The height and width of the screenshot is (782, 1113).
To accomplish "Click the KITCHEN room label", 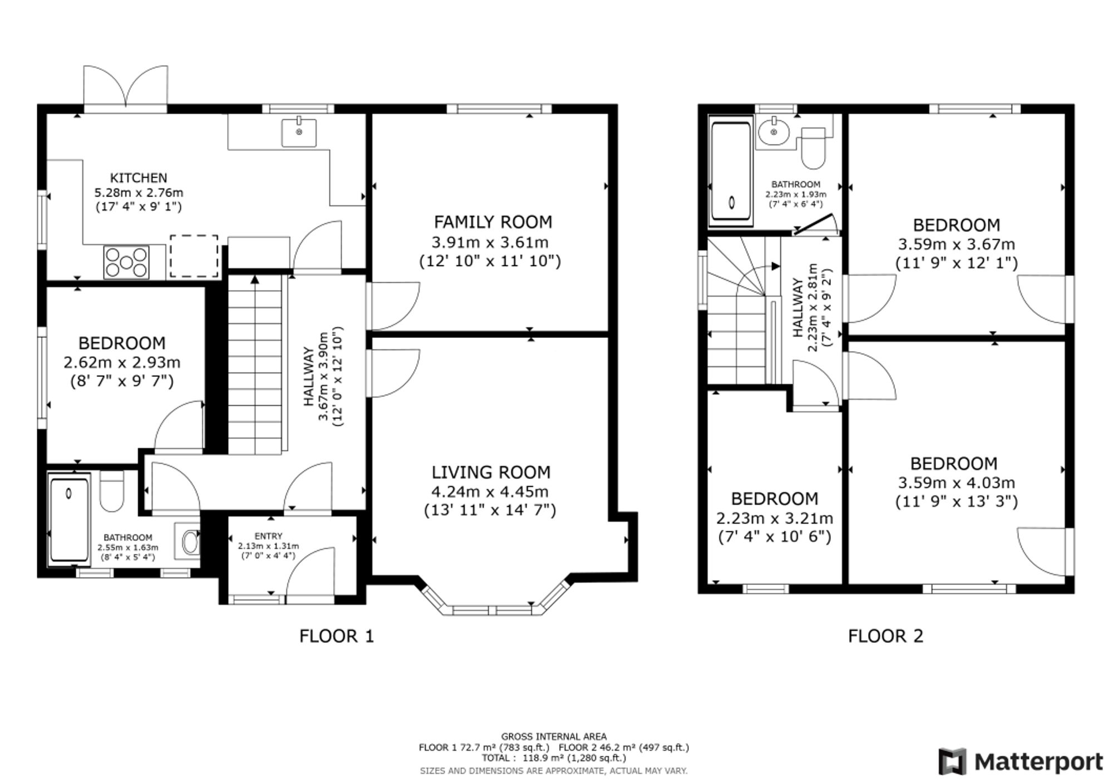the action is [x=139, y=178].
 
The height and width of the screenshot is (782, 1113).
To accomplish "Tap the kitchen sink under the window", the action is [x=299, y=132].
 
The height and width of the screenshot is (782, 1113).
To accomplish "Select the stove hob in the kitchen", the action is [x=126, y=262].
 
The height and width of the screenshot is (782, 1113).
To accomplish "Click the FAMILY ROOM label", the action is [x=493, y=222].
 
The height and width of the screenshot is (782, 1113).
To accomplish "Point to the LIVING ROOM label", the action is [x=491, y=473].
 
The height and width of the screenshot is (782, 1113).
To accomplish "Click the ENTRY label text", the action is [x=268, y=536].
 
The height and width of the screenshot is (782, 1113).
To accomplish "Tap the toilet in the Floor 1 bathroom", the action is [x=112, y=491].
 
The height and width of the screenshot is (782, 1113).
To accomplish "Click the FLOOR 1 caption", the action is [x=337, y=636].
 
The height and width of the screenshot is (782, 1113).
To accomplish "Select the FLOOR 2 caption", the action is [x=885, y=636].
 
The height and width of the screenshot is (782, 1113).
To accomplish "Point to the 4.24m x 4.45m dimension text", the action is [x=490, y=491].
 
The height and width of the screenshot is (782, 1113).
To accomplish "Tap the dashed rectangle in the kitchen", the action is [x=194, y=256].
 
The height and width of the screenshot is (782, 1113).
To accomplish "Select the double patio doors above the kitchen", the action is [x=126, y=87].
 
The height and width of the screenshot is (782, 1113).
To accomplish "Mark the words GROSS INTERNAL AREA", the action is [x=554, y=736].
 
